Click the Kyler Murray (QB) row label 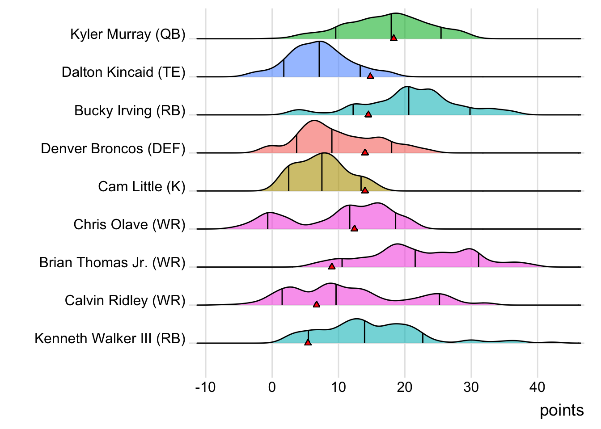[128, 34]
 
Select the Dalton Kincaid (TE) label [123, 72]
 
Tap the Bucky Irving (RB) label [130, 110]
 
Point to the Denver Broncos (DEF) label [113, 148]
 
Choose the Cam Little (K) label [142, 186]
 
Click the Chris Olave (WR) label [129, 224]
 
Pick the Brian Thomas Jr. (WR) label [112, 262]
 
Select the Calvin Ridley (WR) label [125, 300]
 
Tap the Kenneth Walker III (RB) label [110, 338]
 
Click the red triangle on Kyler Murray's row [394, 38]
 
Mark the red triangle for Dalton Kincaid [370, 76]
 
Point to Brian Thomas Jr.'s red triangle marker [332, 266]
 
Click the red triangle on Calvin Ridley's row [317, 304]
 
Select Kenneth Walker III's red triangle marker [308, 342]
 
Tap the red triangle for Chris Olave [354, 228]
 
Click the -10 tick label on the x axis [205, 387]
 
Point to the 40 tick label [538, 387]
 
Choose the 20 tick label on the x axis [405, 387]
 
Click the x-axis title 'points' [562, 410]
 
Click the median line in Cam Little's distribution [322, 172]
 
